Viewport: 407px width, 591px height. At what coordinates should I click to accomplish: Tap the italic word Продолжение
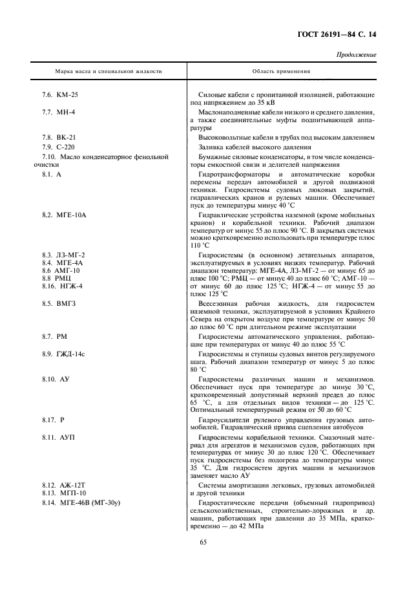tap(357, 55)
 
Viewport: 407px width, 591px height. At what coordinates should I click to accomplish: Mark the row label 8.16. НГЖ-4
tap(63, 285)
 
